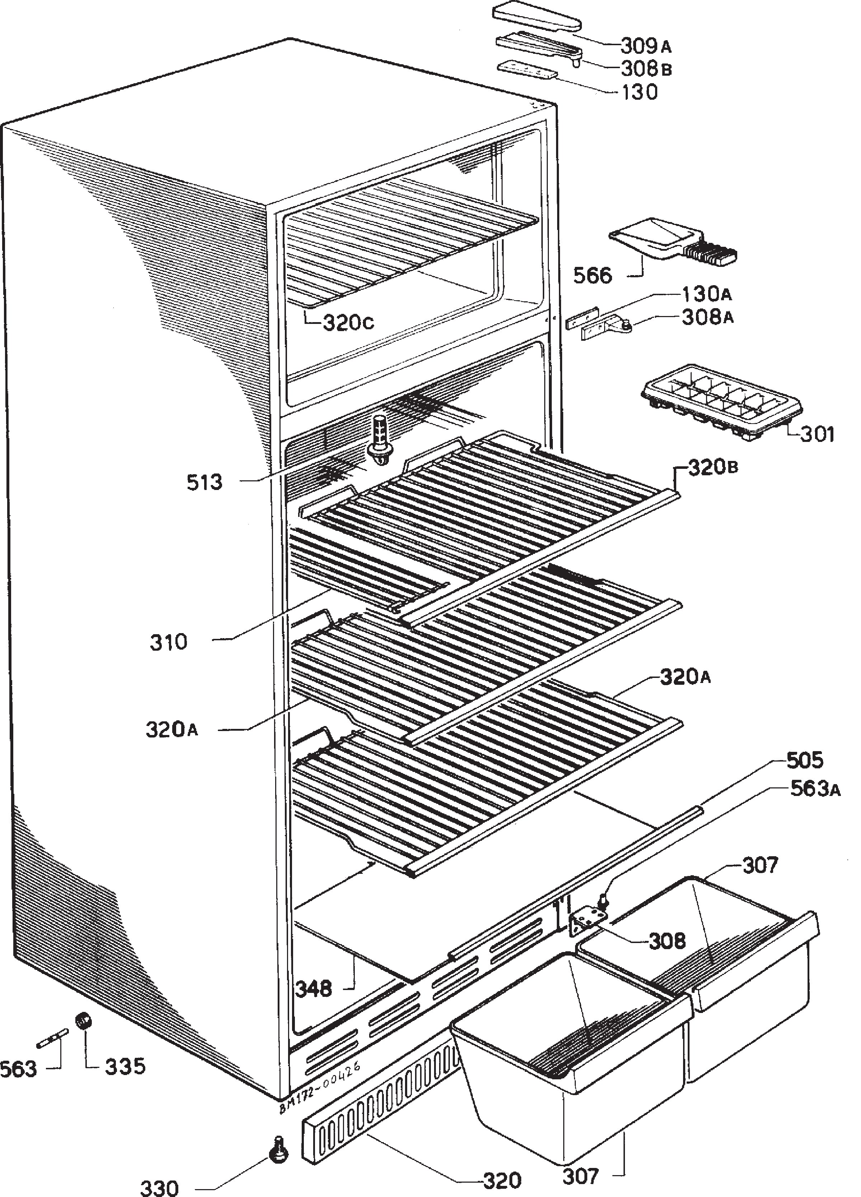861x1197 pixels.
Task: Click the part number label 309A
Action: click(x=645, y=46)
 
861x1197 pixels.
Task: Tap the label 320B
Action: click(x=713, y=467)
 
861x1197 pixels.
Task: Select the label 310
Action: click(x=169, y=642)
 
